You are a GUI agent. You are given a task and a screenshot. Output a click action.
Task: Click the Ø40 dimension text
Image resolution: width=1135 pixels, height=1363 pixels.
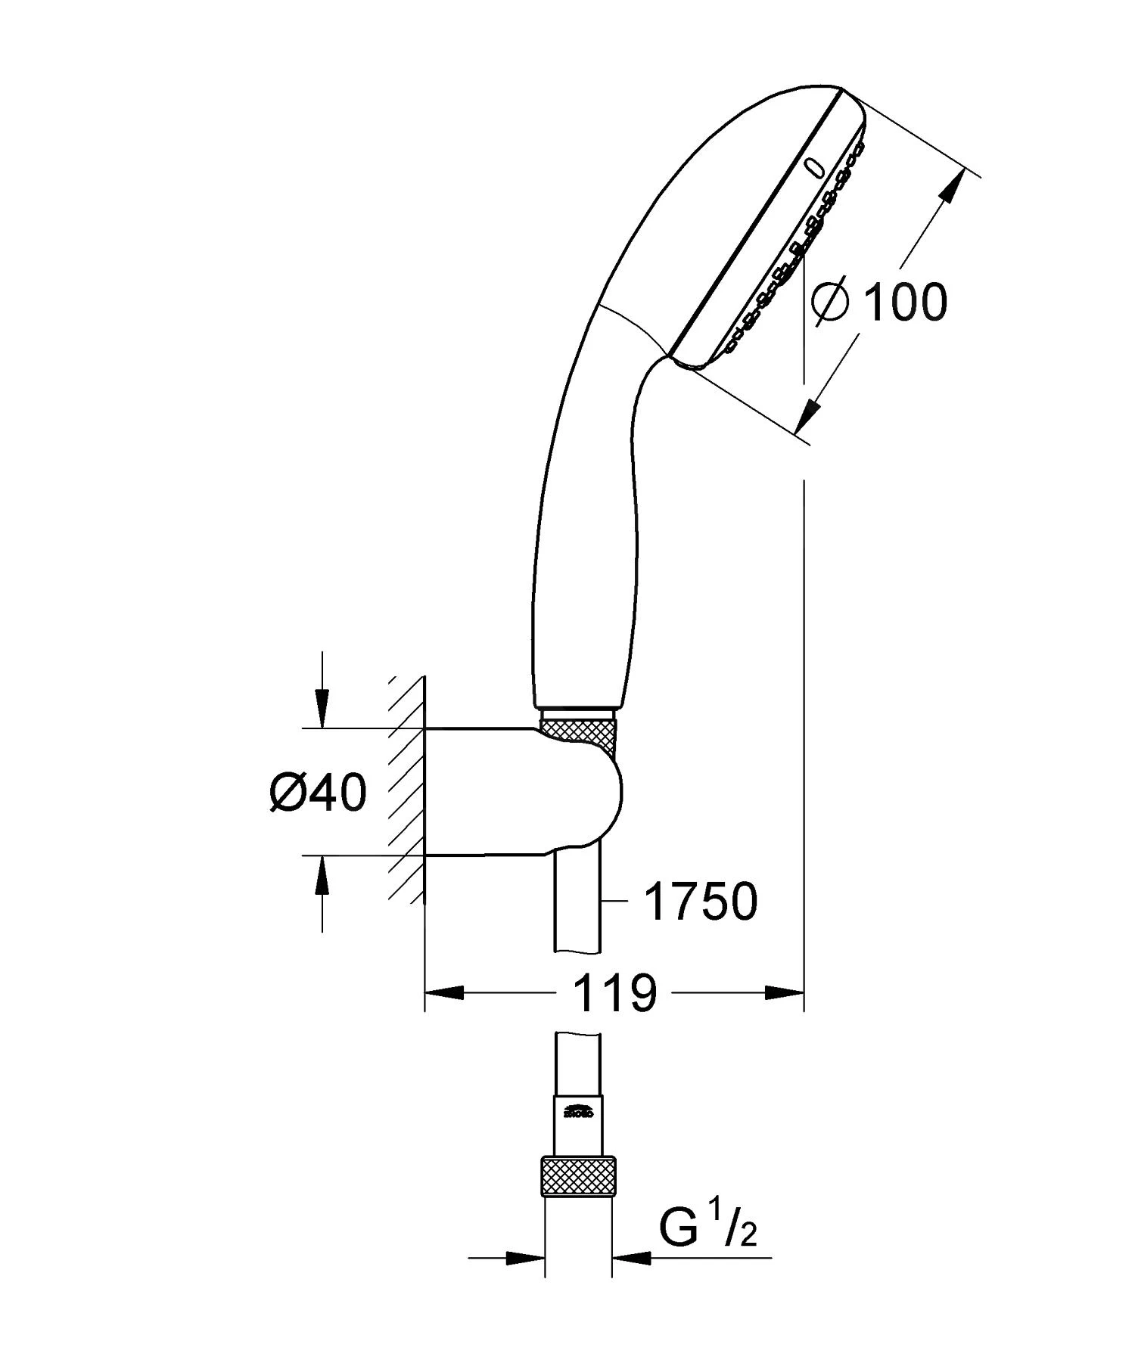318,793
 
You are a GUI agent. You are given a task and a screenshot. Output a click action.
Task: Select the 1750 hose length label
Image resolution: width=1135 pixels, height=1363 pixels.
700,902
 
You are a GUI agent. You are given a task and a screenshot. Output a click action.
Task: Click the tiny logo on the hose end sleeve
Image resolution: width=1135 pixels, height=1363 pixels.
579,1113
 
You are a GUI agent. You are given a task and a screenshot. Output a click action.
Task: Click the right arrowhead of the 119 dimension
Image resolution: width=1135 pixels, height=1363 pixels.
783,992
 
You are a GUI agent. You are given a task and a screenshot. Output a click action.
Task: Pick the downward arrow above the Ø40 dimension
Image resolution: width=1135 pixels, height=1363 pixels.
323,707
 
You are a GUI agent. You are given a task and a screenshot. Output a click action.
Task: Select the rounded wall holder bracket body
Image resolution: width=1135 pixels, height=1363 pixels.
530,790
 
